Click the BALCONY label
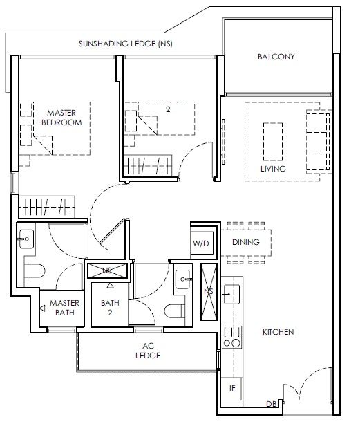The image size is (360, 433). point(276,57)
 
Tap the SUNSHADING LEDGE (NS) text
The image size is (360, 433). point(126,44)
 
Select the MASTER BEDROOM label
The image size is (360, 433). point(61,118)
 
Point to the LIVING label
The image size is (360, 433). point(273,169)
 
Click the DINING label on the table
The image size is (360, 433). point(246,242)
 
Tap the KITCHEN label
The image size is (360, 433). point(278,332)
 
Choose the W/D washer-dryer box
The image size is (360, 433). point(201,243)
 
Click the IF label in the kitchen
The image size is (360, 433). point(232,388)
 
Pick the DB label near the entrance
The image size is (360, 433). point(272,404)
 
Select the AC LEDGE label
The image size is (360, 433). point(148,351)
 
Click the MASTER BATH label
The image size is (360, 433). point(64,308)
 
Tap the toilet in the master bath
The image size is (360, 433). point(36,271)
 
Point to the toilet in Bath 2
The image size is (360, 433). point(175,311)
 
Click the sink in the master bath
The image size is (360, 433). point(26,239)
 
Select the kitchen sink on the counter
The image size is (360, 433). point(231,295)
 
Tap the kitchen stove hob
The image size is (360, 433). point(232,337)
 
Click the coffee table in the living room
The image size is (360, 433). point(273,142)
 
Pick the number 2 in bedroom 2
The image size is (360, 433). point(168,109)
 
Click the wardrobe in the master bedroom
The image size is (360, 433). point(47,207)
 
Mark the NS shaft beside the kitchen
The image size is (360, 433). point(209,292)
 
